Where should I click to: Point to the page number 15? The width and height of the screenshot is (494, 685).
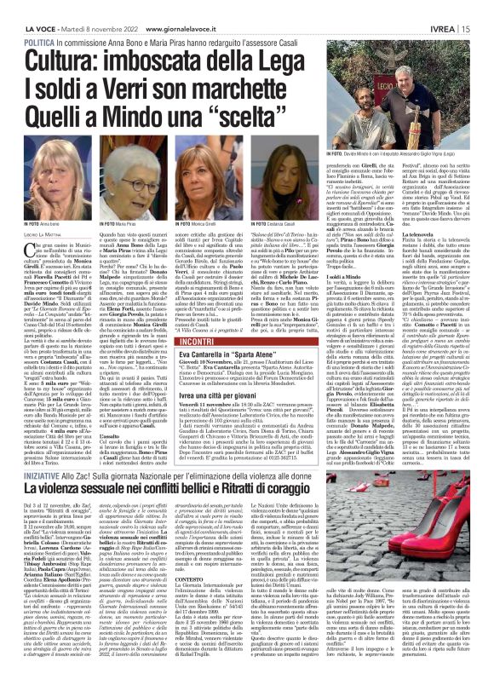(x=481, y=6)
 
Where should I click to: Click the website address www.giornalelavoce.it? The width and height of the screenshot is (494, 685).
(x=192, y=6)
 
